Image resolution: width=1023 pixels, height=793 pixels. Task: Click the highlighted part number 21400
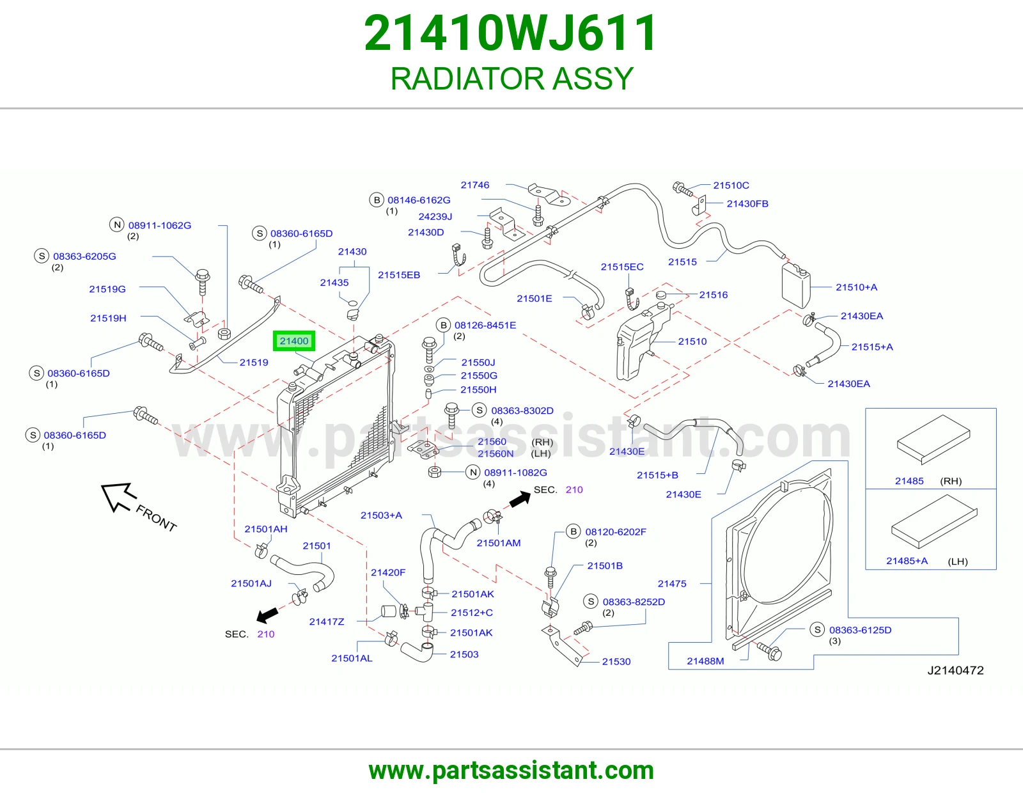click(293, 341)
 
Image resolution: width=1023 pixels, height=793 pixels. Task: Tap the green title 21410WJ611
click(511, 33)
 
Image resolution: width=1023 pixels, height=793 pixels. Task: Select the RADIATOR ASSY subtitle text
click(511, 78)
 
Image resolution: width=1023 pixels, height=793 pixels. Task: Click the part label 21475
click(672, 583)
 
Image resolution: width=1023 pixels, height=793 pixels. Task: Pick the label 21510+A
click(856, 287)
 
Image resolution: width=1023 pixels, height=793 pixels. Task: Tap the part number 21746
click(475, 185)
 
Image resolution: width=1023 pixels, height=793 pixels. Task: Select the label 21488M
click(705, 661)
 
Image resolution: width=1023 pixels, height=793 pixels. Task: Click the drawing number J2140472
click(955, 670)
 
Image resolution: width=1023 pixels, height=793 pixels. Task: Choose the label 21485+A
click(907, 561)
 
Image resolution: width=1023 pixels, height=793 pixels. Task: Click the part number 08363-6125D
click(860, 630)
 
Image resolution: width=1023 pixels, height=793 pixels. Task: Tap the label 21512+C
click(472, 613)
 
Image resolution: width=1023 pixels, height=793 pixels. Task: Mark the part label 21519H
click(108, 318)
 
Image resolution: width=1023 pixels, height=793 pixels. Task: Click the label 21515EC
click(622, 267)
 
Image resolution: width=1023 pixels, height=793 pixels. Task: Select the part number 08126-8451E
click(485, 326)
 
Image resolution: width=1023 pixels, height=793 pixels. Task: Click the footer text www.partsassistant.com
click(511, 771)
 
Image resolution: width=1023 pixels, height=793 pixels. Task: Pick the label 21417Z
click(327, 622)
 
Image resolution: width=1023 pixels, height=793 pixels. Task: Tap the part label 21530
click(616, 662)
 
